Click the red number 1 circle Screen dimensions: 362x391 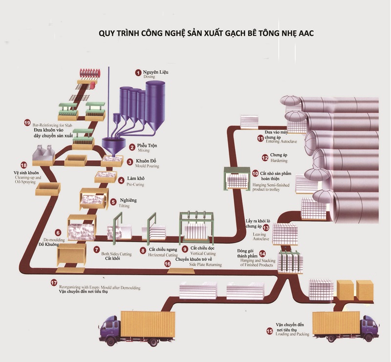coord(138,72)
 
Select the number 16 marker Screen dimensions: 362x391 coord(168,263)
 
